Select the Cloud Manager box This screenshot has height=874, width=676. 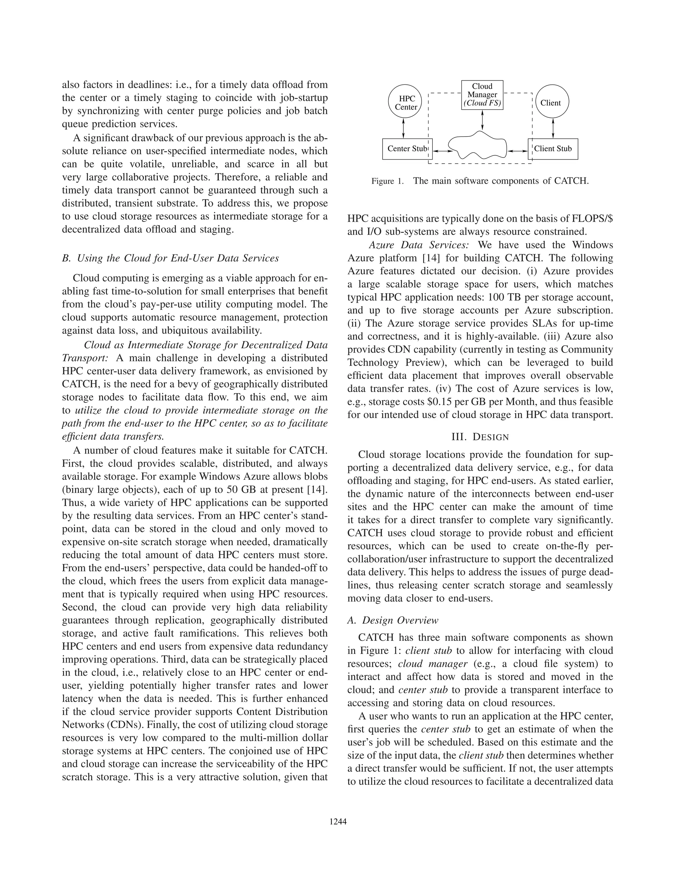click(x=482, y=95)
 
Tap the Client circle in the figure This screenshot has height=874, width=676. click(x=552, y=103)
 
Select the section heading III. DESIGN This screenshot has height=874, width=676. click(x=480, y=437)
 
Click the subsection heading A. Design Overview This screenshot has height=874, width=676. click(x=392, y=620)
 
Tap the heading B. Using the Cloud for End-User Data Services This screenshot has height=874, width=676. click(x=170, y=258)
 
